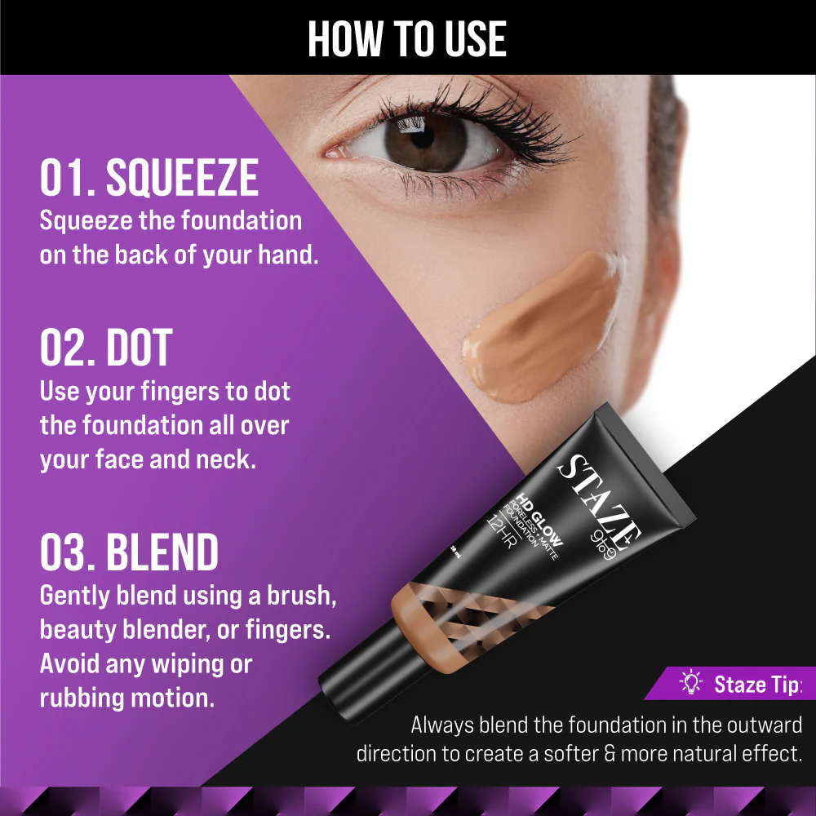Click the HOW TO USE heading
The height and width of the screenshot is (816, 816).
tap(407, 39)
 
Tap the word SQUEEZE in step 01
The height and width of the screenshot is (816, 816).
tap(182, 177)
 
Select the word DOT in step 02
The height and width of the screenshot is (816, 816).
tap(139, 348)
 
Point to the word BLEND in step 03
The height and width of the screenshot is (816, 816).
tap(162, 552)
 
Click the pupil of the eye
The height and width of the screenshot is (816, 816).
tap(422, 136)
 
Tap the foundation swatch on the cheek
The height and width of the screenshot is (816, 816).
tap(541, 328)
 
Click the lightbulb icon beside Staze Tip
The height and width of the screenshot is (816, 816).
tap(691, 682)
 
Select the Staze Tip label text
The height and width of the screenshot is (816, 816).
tap(758, 685)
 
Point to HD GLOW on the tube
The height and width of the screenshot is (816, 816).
tap(539, 519)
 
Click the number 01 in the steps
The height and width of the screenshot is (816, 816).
tap(63, 177)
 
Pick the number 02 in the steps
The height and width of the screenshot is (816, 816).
tap(64, 348)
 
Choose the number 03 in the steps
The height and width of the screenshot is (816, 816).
tap(64, 552)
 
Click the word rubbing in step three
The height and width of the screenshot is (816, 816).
tap(81, 698)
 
